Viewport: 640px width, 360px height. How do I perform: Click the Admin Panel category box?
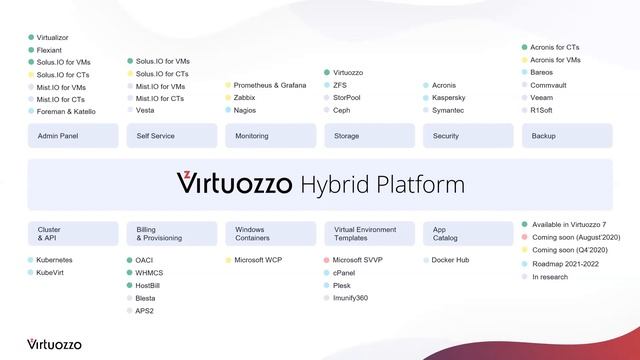click(x=72, y=136)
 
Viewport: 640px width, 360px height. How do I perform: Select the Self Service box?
click(x=170, y=136)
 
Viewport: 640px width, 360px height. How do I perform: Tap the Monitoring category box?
click(x=269, y=136)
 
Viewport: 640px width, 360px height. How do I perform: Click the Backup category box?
click(x=567, y=136)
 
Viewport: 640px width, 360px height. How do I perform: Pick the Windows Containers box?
click(x=269, y=234)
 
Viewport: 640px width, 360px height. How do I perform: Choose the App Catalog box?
click(x=468, y=234)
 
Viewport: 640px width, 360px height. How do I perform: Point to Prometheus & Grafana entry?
click(x=269, y=85)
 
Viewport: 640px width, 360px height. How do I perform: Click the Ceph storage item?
click(x=342, y=110)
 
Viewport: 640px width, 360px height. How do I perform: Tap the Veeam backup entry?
click(x=543, y=98)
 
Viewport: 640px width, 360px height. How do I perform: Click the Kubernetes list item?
click(x=54, y=260)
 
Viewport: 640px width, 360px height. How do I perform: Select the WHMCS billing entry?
click(x=151, y=272)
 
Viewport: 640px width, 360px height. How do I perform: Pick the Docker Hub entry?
click(x=451, y=260)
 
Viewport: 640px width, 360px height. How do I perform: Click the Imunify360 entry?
click(x=350, y=297)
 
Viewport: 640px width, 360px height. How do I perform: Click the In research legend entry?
click(x=550, y=276)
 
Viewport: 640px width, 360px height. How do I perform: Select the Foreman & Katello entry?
click(x=65, y=111)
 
